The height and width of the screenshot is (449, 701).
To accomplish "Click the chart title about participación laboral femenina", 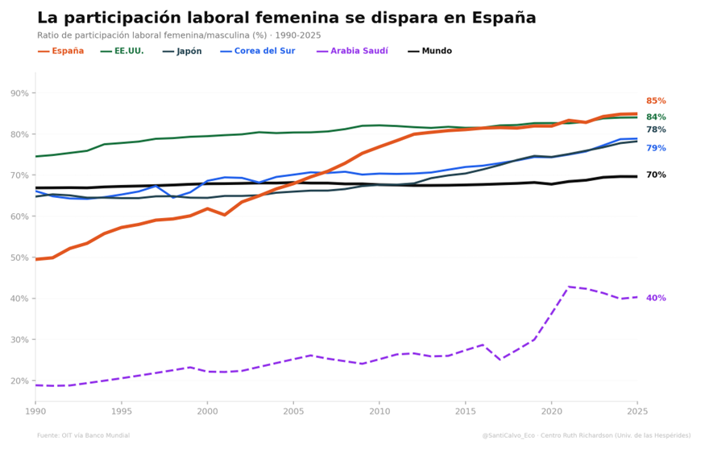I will point(286,18).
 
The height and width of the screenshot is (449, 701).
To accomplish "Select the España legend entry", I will point(60,51).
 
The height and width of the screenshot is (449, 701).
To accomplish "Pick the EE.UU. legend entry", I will point(122,51).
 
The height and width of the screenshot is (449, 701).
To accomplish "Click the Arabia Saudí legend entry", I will point(352,51).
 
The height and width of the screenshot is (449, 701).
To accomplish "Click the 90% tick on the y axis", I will point(19,93).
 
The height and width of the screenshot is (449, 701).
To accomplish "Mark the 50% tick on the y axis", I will point(19,257).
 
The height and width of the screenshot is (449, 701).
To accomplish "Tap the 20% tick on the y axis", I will point(19,381).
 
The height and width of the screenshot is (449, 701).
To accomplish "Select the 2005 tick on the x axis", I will point(293,411).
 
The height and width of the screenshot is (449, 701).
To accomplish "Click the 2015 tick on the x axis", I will point(465,411).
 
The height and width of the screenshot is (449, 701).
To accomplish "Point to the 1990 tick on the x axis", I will point(35,411).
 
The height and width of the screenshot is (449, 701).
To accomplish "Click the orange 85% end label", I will point(656,101).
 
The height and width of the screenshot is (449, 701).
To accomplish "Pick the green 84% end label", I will point(656,117).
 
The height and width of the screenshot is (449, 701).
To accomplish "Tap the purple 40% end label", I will point(656,299).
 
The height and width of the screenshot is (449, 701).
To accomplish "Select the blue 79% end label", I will point(656,148).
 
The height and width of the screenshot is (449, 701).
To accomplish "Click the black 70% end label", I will point(656,175).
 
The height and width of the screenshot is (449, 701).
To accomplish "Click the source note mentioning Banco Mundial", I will point(83,435).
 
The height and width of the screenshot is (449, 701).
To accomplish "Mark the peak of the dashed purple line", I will point(569,286).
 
